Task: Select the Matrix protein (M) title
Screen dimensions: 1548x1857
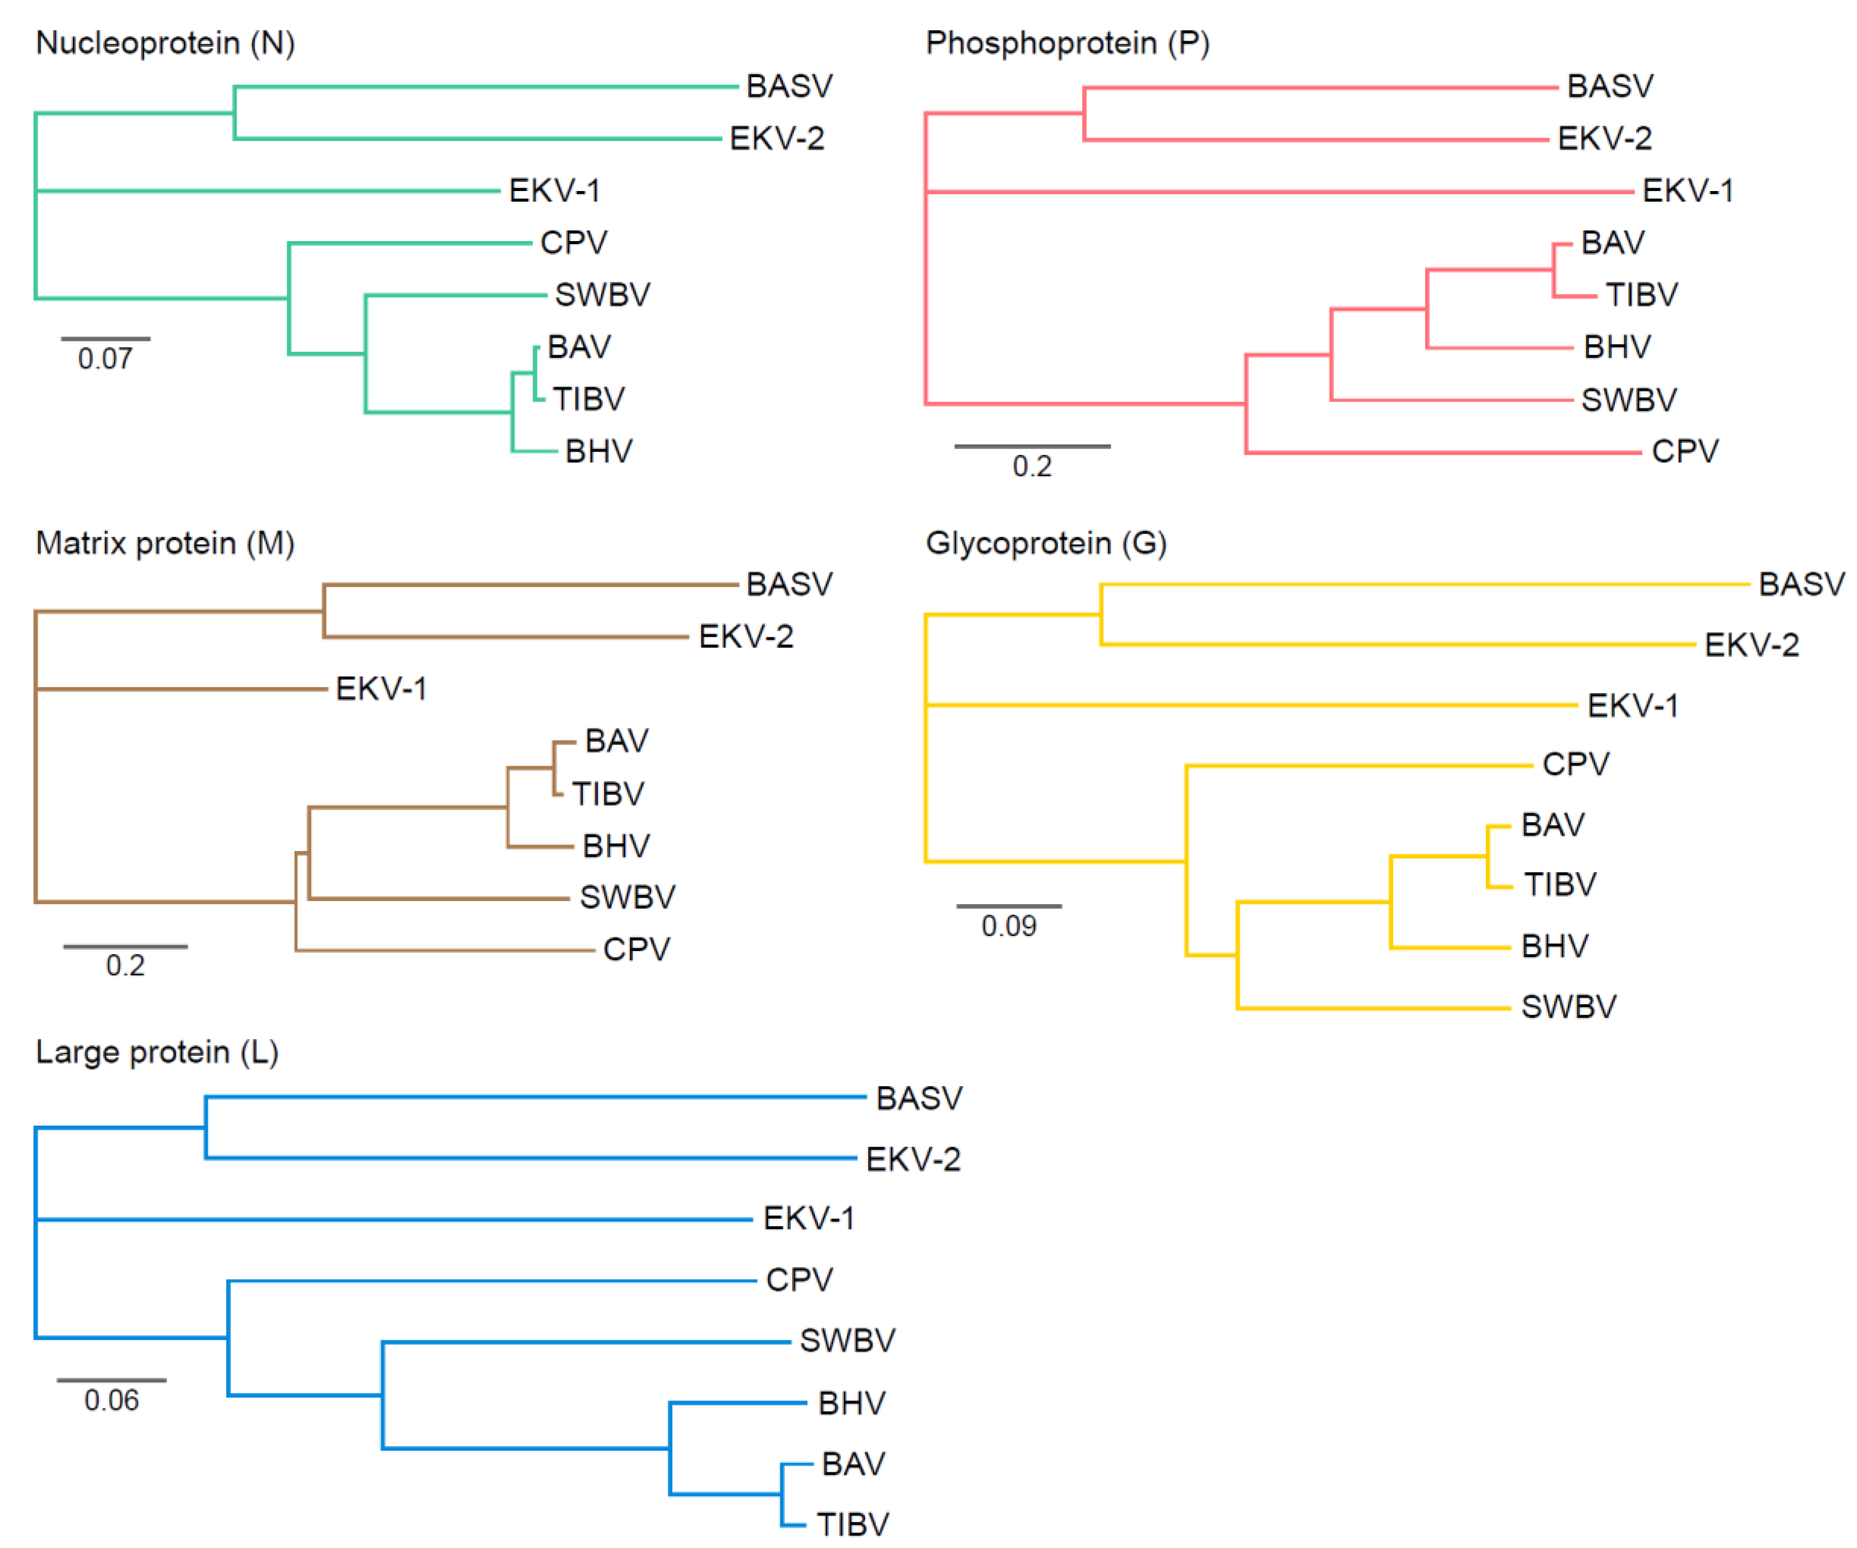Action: pyautogui.click(x=165, y=543)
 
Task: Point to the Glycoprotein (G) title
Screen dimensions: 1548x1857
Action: pyautogui.click(x=1046, y=543)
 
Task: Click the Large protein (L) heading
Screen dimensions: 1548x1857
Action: pyautogui.click(x=157, y=1052)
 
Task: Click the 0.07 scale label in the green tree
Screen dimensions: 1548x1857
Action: pyautogui.click(x=105, y=359)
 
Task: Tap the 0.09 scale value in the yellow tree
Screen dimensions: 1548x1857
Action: pyautogui.click(x=1009, y=926)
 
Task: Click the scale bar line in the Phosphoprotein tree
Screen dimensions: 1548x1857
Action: pyautogui.click(x=1032, y=446)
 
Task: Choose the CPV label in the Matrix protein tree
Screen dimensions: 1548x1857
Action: pyautogui.click(x=637, y=950)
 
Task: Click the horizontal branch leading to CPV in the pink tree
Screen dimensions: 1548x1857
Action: pyautogui.click(x=1441, y=453)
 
